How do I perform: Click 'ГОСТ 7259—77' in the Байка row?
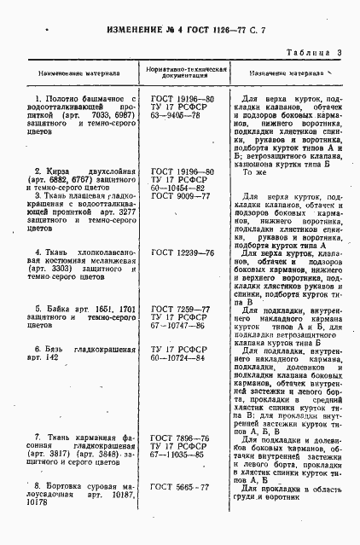pos(180,308)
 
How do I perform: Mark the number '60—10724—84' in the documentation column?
pos(180,357)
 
